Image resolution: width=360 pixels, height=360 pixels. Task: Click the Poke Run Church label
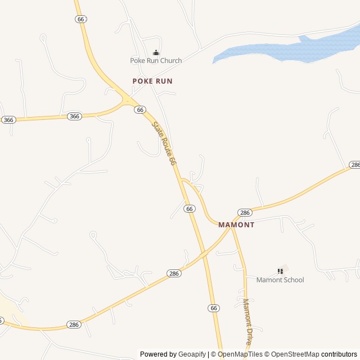pyautogui.click(x=156, y=61)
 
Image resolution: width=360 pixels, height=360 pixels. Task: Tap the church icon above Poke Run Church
pyautogui.click(x=156, y=53)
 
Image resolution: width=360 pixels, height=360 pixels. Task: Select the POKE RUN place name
pyautogui.click(x=152, y=81)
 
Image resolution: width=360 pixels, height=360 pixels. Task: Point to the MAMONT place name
pyautogui.click(x=236, y=224)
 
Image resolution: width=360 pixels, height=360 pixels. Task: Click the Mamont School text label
pyautogui.click(x=280, y=280)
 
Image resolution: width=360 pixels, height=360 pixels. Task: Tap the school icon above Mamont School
pyautogui.click(x=280, y=271)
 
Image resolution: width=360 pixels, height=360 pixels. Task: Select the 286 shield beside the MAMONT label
pyautogui.click(x=244, y=213)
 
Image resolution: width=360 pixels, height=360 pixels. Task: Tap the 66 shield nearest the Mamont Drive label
pyautogui.click(x=213, y=308)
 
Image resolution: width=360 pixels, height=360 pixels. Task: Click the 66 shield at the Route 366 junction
pyautogui.click(x=140, y=110)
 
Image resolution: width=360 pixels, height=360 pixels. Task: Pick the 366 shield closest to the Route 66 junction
pyautogui.click(x=74, y=116)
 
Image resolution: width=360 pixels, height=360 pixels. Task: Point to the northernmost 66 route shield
pyautogui.click(x=80, y=19)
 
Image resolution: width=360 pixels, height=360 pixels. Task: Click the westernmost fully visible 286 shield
pyautogui.click(x=74, y=325)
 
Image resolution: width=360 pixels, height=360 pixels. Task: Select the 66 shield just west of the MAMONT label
pyautogui.click(x=190, y=209)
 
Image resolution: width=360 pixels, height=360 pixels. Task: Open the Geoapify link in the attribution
pyautogui.click(x=192, y=354)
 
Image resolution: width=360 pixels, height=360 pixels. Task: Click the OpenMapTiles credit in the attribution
pyautogui.click(x=240, y=354)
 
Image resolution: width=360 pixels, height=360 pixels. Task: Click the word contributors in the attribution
pyautogui.click(x=339, y=354)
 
